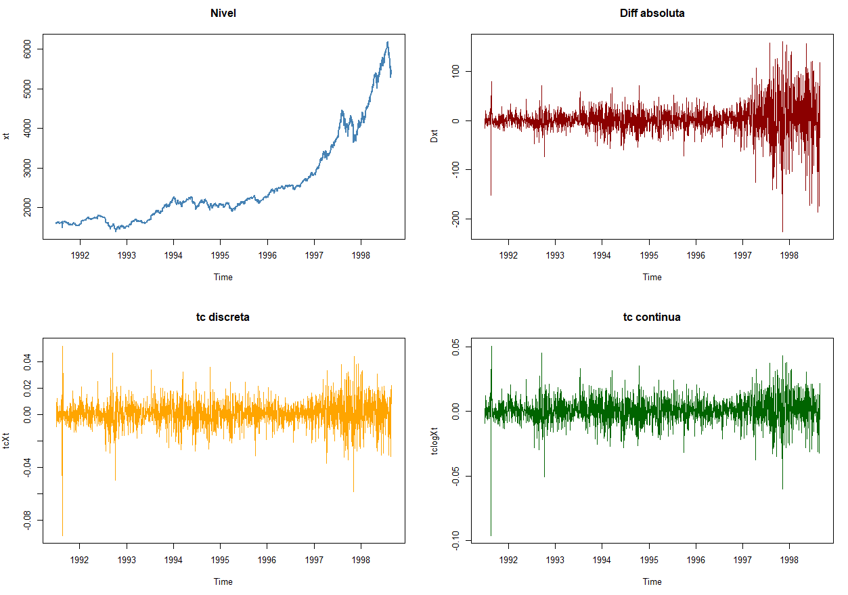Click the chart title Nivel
point(223,13)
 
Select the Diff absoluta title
point(652,13)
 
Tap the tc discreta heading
point(223,317)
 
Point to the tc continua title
point(652,317)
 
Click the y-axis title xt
point(7,136)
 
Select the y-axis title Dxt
point(435,136)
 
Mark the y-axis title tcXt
point(7,440)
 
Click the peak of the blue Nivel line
point(387,42)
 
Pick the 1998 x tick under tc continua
point(789,560)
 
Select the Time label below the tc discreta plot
point(223,581)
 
